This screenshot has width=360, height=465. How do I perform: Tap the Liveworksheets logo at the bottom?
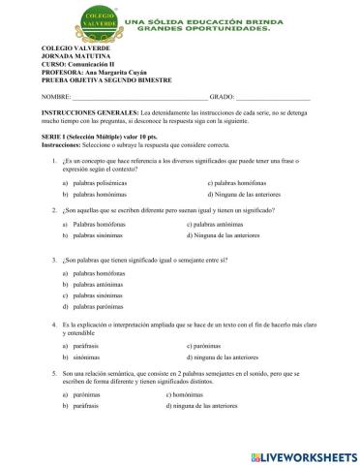pyautogui.click(x=300, y=454)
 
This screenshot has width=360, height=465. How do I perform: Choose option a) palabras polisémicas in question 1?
pyautogui.click(x=100, y=182)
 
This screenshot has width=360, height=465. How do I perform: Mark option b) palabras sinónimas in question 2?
pyautogui.click(x=97, y=235)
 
